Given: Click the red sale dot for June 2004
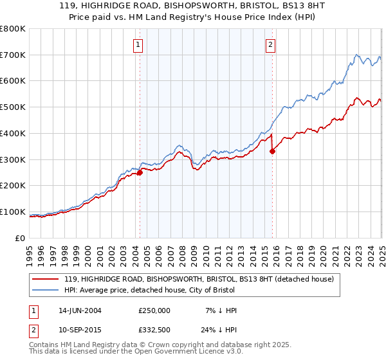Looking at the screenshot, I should pyautogui.click(x=140, y=172).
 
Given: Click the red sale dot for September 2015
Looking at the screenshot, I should pyautogui.click(x=272, y=151).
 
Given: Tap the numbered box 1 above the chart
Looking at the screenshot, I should pyautogui.click(x=139, y=44).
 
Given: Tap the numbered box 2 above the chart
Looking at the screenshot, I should pyautogui.click(x=270, y=44).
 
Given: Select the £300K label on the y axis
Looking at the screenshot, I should pyautogui.click(x=14, y=159).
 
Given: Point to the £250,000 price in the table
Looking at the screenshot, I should pyautogui.click(x=154, y=310).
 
